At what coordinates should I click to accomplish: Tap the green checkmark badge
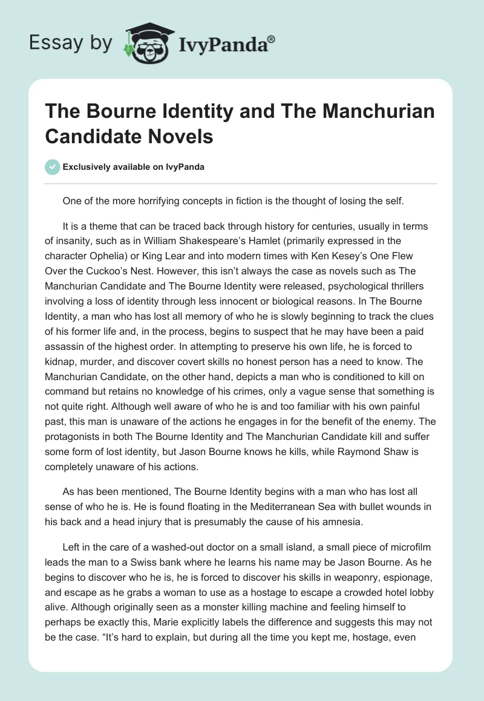click(x=52, y=167)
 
